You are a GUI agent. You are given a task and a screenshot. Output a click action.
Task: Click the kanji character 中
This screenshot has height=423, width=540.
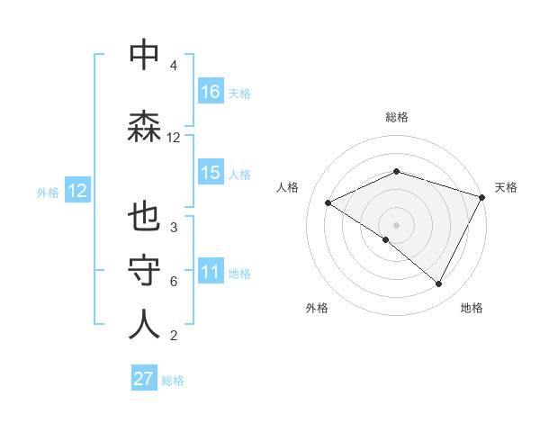click(144, 56)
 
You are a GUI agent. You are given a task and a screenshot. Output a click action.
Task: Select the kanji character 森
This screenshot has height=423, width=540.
click(144, 127)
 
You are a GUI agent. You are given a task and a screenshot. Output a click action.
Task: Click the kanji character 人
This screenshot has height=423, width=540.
click(144, 325)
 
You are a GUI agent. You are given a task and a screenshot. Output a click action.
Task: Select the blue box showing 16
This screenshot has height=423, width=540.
click(211, 92)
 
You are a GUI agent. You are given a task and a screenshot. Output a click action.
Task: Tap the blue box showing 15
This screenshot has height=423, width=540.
click(211, 173)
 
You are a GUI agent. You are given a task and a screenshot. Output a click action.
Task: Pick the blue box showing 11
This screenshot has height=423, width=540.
click(211, 272)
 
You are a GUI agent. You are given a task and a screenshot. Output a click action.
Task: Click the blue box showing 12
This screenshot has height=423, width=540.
click(76, 191)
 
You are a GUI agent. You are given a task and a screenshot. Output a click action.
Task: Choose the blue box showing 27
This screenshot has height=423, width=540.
click(144, 379)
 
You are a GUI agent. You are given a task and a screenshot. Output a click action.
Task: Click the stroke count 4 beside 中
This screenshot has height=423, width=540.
click(173, 67)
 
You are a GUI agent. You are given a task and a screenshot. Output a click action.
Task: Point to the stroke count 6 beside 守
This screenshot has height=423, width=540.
click(173, 282)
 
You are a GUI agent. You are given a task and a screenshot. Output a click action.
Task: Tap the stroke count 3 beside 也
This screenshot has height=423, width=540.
click(173, 228)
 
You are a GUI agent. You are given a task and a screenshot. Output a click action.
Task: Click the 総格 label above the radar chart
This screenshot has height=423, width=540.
click(397, 117)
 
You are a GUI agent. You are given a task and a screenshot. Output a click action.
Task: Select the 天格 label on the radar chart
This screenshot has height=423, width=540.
click(507, 187)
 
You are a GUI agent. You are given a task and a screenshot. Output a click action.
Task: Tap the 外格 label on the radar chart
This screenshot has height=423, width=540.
click(317, 308)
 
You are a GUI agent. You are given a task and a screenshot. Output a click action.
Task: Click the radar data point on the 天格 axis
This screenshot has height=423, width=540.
click(482, 196)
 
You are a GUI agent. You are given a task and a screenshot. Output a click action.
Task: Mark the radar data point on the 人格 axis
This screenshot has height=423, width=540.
click(328, 203)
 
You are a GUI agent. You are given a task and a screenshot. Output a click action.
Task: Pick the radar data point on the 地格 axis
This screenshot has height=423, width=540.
click(439, 283)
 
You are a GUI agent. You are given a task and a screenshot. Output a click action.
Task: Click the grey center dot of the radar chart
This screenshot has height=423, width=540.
click(396, 224)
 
